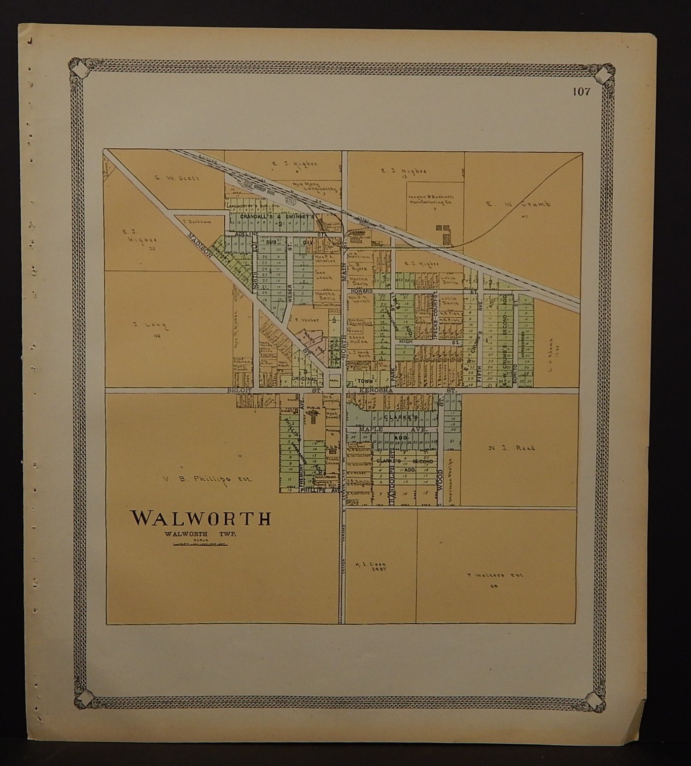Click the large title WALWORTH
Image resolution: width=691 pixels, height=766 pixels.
[x=201, y=518]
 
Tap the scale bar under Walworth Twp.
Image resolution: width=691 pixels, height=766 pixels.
[x=201, y=545]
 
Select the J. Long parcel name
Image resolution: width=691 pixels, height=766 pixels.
[x=151, y=325]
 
